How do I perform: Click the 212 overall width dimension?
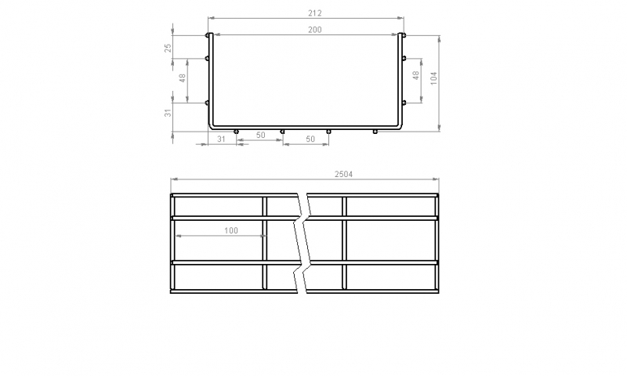(x=315, y=13)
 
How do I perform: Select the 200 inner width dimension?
(x=315, y=30)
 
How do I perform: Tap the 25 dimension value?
(x=169, y=48)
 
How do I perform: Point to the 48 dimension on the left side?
(x=183, y=78)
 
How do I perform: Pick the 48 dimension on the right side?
(x=416, y=75)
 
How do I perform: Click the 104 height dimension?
(x=434, y=78)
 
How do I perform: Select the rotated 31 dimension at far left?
(x=169, y=113)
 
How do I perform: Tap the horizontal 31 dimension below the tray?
(x=221, y=139)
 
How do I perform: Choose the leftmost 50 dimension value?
(x=261, y=135)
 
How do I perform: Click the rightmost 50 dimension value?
(x=310, y=139)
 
